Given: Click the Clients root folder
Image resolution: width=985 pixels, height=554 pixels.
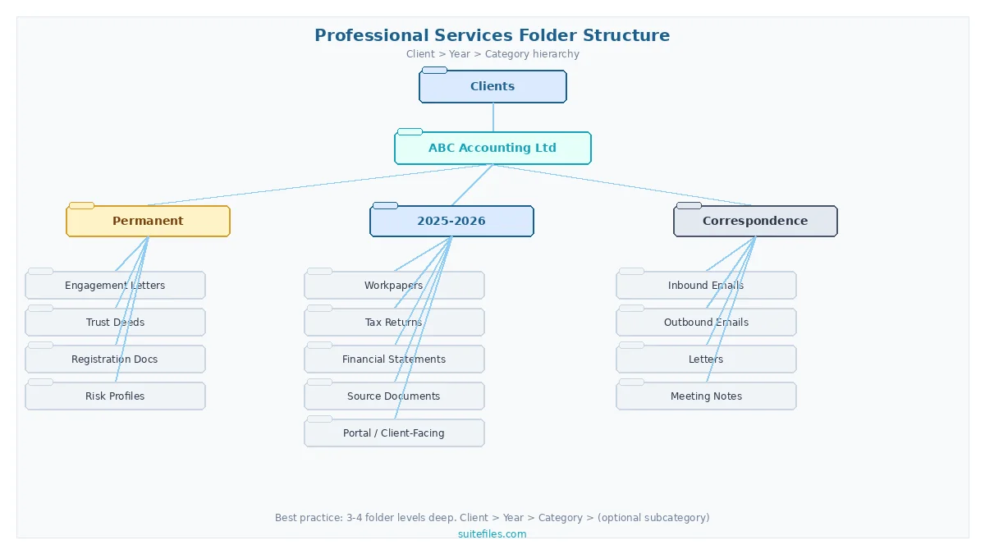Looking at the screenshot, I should (492, 86).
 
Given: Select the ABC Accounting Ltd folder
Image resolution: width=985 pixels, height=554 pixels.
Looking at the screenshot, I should (492, 149).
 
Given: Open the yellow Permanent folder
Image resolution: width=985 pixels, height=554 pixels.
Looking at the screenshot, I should (148, 221).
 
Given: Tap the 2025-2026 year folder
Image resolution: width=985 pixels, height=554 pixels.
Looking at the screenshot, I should (451, 221).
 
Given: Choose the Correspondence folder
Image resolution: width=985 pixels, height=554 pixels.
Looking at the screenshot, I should (755, 221).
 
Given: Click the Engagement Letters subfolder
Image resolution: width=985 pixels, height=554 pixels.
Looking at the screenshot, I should (115, 286).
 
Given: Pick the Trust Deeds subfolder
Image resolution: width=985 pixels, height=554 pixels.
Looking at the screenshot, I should (115, 323).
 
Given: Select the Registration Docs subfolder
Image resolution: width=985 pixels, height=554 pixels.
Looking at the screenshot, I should (115, 359).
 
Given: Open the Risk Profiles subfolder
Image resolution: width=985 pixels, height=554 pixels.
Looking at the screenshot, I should (115, 396).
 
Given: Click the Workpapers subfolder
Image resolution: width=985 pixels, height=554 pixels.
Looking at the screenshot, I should (394, 286).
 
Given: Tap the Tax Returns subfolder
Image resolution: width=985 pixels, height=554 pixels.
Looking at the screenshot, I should (394, 323).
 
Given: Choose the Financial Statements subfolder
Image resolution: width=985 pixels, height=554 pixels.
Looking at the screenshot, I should (394, 359).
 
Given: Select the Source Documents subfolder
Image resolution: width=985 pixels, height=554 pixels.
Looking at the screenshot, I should (394, 396).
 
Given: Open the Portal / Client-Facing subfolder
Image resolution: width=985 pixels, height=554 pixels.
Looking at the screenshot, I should (394, 433).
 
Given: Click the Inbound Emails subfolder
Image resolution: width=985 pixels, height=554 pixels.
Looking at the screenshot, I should (706, 286).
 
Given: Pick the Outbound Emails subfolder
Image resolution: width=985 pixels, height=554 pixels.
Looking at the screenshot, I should (706, 323).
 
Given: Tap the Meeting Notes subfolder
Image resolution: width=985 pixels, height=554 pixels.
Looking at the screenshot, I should (706, 396).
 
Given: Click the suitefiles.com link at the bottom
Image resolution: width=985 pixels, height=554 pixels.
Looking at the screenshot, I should (492, 534).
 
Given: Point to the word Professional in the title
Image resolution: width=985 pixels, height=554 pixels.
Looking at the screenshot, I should (372, 35).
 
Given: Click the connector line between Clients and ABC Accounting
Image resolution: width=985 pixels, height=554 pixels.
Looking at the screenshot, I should (493, 117).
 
